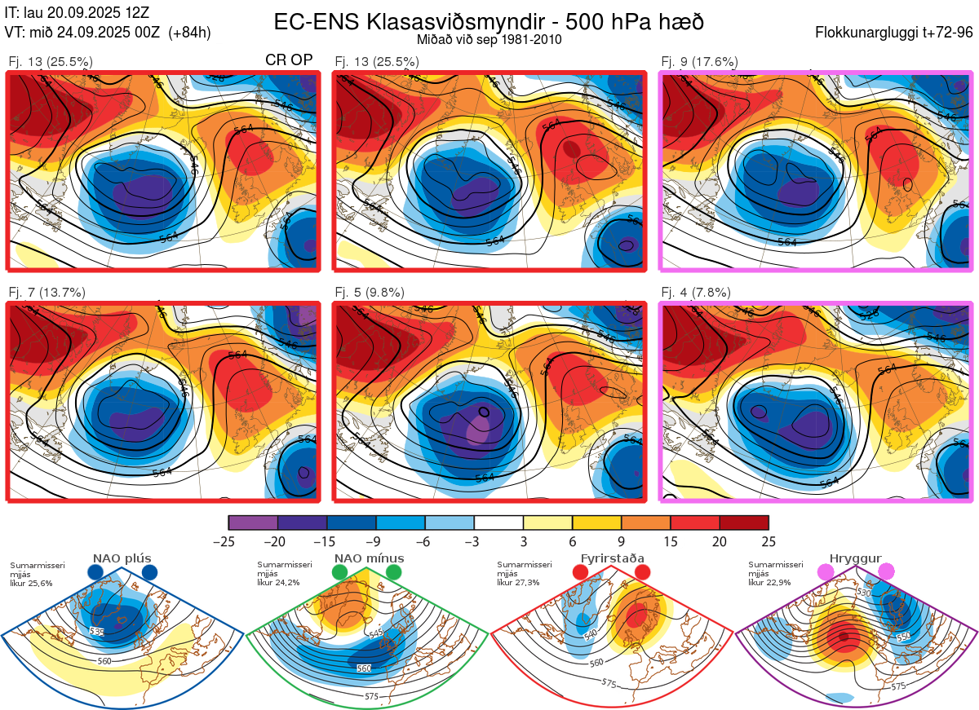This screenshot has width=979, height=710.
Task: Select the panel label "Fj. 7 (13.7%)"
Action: (47, 293)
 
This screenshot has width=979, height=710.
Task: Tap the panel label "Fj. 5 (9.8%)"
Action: (370, 293)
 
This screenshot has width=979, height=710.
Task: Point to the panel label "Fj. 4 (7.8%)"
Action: (696, 293)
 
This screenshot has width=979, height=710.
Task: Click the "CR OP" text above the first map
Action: (289, 60)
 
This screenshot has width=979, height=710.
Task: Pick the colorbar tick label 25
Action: (768, 541)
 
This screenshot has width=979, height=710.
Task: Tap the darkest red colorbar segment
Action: (743, 523)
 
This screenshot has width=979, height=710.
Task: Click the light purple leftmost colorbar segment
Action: (253, 523)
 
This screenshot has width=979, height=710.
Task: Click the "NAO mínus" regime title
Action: (369, 558)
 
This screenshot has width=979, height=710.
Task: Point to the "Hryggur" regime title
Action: (855, 558)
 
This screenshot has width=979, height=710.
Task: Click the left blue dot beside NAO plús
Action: (95, 573)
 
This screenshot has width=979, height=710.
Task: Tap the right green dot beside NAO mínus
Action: (394, 573)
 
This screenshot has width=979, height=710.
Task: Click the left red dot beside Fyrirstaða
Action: (581, 573)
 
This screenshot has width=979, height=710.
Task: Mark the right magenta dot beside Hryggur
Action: (886, 573)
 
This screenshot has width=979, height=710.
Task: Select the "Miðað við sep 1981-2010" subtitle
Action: (489, 39)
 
